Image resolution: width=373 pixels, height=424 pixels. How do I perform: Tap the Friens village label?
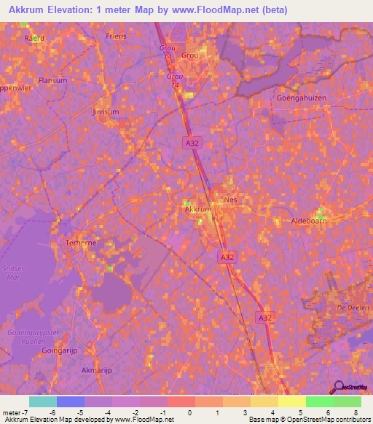point(116,36)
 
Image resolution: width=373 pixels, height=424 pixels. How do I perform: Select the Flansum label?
point(52,81)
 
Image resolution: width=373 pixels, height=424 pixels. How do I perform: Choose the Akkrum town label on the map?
point(198,209)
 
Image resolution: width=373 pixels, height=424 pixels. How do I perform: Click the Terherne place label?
point(81,243)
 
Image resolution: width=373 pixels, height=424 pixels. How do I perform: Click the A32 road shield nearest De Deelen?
point(265,318)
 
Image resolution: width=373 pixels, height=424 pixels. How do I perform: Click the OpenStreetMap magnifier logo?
point(337,387)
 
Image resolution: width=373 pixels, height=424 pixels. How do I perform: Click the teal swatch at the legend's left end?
point(43,401)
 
